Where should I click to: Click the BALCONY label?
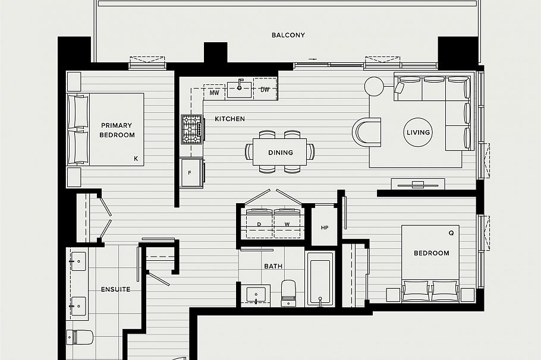[x=288, y=35]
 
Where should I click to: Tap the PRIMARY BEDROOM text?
[x=117, y=130]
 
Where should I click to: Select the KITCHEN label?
[x=229, y=119]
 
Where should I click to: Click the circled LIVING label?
[x=418, y=132]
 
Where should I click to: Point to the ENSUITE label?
[x=115, y=290]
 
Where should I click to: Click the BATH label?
[x=273, y=267]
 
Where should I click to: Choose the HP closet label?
[x=324, y=228]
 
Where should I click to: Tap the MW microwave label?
[x=215, y=93]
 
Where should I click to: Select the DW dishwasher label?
[x=265, y=90]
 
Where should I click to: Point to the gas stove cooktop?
[x=192, y=130]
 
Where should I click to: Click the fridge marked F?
[x=191, y=173]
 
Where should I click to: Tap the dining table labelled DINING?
[x=280, y=153]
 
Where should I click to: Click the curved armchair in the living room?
[x=366, y=132]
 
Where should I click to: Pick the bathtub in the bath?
[x=320, y=279]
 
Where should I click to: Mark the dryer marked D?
[x=259, y=223]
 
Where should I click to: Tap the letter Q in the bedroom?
[x=451, y=233]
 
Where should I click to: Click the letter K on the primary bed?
[x=136, y=159]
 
